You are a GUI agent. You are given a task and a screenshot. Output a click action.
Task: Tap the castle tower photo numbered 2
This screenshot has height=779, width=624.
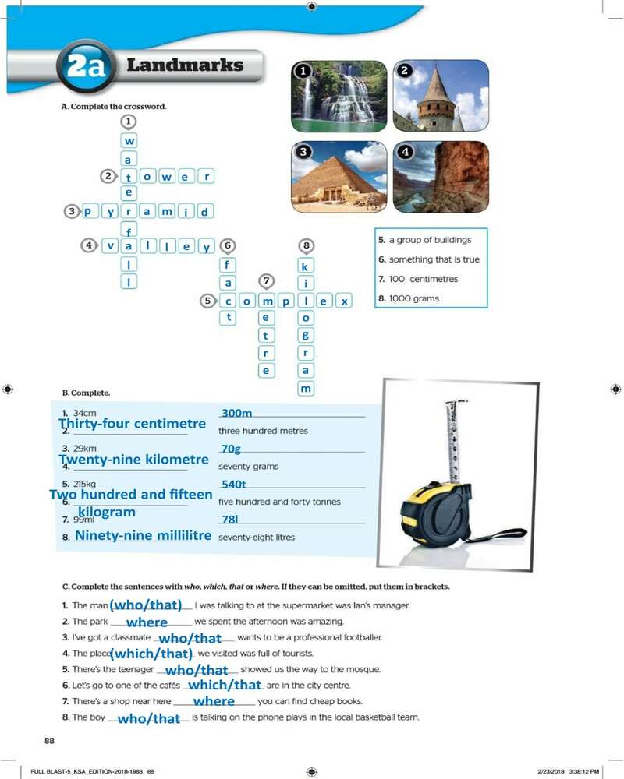click(441, 97)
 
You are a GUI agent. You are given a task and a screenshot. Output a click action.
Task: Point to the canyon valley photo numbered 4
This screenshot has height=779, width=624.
click(441, 177)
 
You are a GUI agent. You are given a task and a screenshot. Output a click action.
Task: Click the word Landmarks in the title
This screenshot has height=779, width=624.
click(185, 65)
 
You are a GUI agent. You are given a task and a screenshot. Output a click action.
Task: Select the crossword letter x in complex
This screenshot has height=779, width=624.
click(344, 301)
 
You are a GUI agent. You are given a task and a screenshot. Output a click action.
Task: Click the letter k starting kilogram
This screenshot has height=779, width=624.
click(307, 266)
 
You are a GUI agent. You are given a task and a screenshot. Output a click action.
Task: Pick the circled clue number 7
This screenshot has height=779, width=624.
click(267, 280)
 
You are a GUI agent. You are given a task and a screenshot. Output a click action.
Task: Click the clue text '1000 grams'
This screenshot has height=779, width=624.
click(414, 298)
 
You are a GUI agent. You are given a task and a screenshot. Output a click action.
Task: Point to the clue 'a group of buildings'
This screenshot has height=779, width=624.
click(424, 240)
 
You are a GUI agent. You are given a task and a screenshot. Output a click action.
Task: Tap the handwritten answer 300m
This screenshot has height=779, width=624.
click(238, 413)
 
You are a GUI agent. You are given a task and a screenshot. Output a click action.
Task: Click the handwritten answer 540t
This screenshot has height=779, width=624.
click(234, 485)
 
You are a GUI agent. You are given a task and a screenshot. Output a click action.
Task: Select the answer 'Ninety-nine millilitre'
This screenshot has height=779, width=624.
click(144, 536)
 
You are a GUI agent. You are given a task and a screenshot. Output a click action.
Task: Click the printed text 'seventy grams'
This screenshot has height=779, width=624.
click(248, 467)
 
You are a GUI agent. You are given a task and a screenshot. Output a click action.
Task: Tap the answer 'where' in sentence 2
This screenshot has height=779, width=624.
click(147, 622)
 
